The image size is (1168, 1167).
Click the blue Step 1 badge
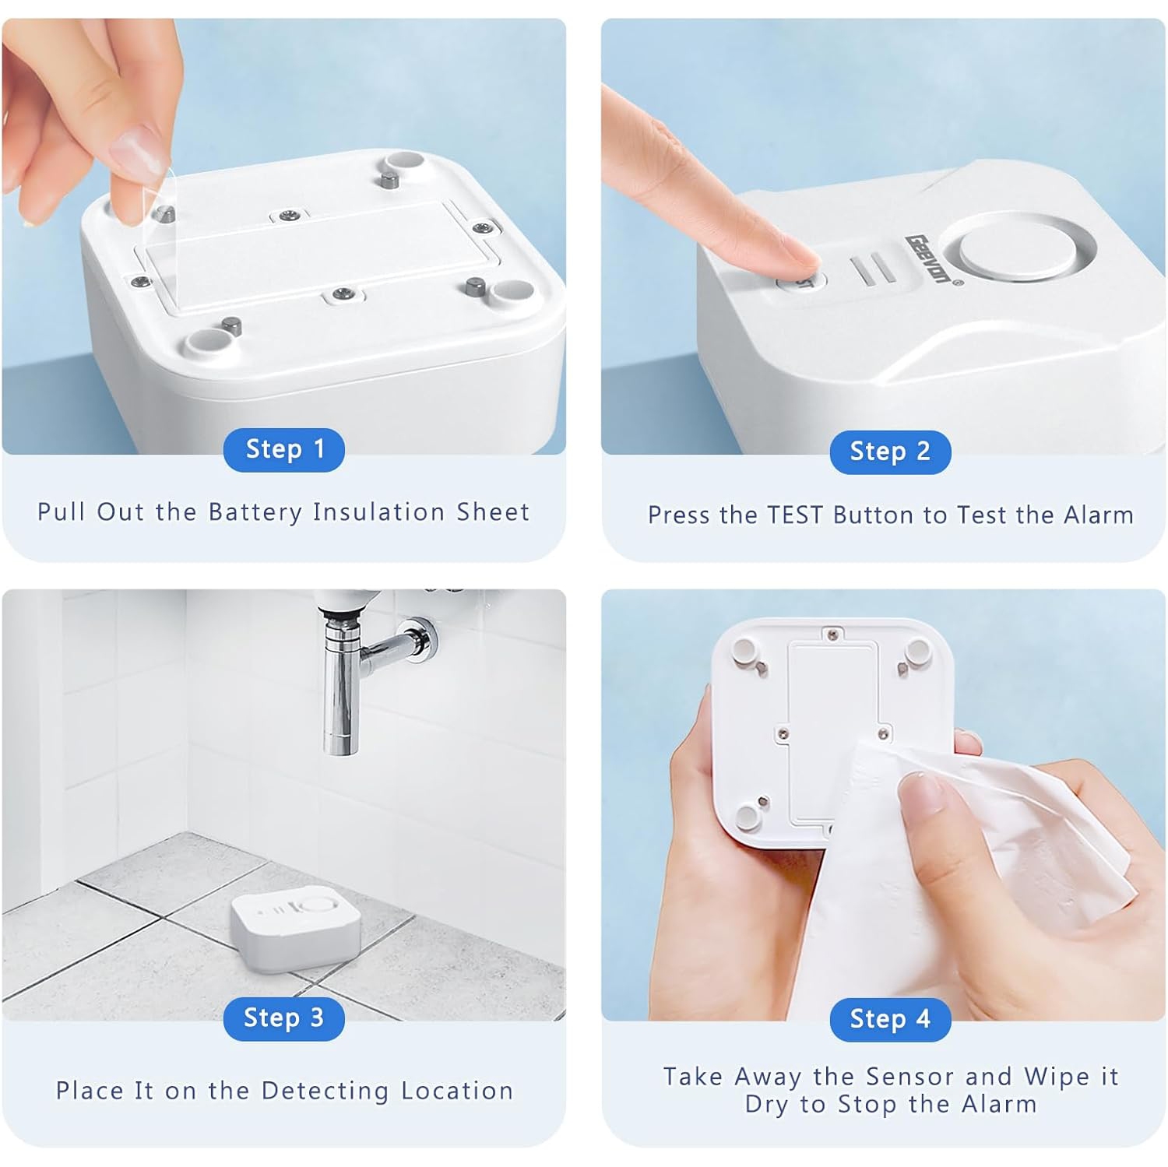tap(283, 449)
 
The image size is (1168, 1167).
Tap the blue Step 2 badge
tap(890, 452)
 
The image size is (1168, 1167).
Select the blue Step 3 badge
tap(283, 1018)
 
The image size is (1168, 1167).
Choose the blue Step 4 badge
tap(890, 1018)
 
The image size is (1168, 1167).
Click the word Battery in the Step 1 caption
tap(255, 512)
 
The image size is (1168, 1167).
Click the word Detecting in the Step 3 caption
tap(325, 1091)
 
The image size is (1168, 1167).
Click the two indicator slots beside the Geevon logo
tap(873, 269)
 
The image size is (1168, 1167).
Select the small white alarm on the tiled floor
tap(296, 930)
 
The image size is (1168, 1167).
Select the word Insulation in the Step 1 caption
tap(378, 512)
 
